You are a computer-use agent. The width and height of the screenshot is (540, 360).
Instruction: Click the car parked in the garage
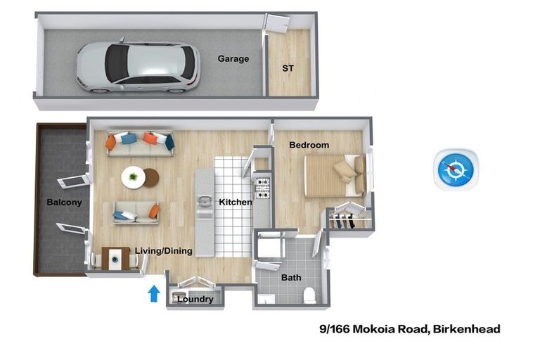[x=137, y=65]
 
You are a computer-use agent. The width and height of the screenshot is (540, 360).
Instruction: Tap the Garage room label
[x=233, y=59]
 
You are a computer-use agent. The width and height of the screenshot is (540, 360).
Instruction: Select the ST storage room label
[x=288, y=69]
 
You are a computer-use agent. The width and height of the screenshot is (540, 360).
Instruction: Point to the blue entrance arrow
[x=154, y=293]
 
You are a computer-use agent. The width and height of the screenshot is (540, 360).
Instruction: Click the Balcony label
[x=64, y=202]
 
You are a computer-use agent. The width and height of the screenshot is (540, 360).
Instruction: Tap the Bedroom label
[x=309, y=145]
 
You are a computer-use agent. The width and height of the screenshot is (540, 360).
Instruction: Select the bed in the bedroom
[x=335, y=175]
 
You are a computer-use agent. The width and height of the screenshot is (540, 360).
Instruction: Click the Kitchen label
[x=235, y=202]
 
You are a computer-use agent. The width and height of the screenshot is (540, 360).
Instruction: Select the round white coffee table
[x=133, y=176]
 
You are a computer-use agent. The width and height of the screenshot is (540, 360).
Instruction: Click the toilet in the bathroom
[x=309, y=295]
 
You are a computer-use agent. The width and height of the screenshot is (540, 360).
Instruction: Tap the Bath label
[x=291, y=278]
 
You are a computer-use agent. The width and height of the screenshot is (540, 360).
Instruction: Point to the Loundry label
[x=195, y=300]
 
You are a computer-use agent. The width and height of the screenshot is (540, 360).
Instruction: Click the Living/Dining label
[x=163, y=251]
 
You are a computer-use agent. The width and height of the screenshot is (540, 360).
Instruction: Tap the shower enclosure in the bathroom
[x=269, y=246]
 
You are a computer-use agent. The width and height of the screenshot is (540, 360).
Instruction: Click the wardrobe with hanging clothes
[x=348, y=218]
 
